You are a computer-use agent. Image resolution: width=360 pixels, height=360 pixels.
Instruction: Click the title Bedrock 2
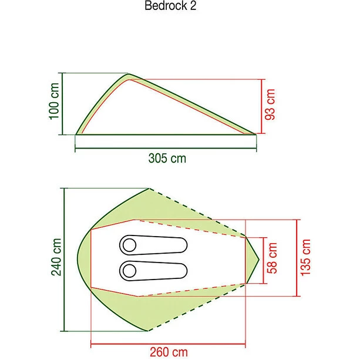pyautogui.click(x=170, y=5)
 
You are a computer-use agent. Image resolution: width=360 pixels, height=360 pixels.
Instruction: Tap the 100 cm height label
pyautogui.click(x=55, y=101)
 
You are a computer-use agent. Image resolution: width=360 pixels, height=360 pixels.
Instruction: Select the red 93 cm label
pyautogui.click(x=270, y=105)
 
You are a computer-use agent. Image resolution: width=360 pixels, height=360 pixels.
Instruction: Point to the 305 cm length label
pyautogui.click(x=167, y=158)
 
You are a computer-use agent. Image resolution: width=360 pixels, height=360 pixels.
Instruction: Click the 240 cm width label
pyautogui.click(x=56, y=257)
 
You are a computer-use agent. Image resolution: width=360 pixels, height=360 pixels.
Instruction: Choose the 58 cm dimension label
pyautogui.click(x=272, y=258)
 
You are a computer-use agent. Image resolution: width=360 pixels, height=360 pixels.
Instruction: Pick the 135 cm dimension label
pyautogui.click(x=305, y=257)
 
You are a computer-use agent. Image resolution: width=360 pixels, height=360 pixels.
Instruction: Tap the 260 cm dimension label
pyautogui.click(x=169, y=352)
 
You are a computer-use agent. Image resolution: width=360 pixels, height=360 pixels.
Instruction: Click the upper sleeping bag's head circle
pyautogui.click(x=129, y=245)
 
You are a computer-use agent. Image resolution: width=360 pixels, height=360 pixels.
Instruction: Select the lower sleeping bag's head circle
pyautogui.click(x=129, y=271)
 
